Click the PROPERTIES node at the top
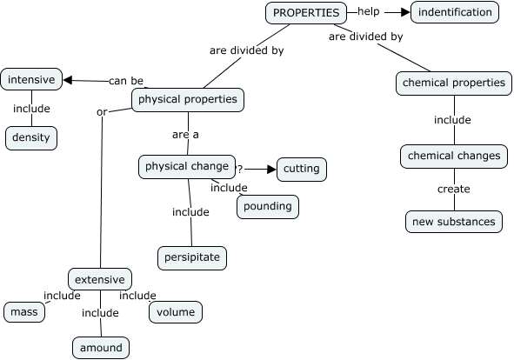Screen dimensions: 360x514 [x=305, y=12]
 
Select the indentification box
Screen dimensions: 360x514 [x=455, y=12]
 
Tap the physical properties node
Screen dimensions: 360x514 [x=187, y=99]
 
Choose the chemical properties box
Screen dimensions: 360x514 [x=452, y=83]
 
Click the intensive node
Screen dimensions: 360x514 [x=31, y=80]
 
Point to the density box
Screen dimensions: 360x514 [x=32, y=137]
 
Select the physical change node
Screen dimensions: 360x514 [x=187, y=166]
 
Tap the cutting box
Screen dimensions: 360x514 [x=302, y=169]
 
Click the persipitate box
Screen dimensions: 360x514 [x=192, y=257]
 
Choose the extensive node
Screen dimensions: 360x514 [x=102, y=279]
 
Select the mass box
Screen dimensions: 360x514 [x=24, y=311]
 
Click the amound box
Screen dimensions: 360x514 [x=101, y=348]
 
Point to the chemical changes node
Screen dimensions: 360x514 [x=454, y=156]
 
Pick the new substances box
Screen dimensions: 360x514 [x=454, y=221]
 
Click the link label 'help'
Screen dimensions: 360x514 [x=369, y=12]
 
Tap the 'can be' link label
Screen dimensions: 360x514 [x=126, y=81]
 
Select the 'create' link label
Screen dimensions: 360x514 [x=453, y=189]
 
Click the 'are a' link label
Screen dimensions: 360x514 [x=185, y=134]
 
